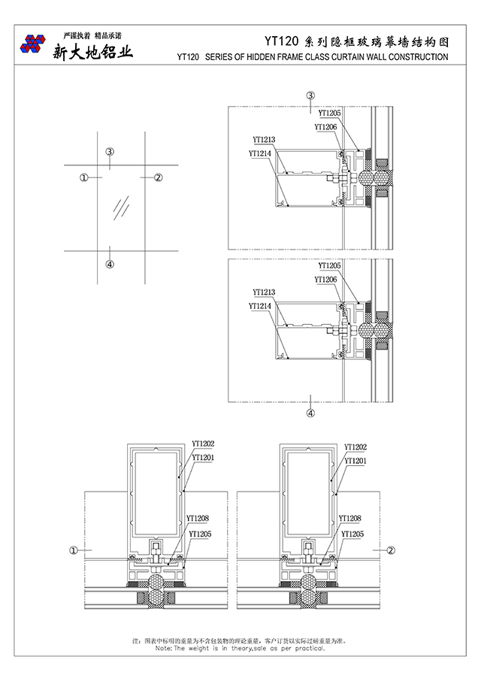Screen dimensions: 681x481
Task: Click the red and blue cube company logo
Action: point(32,44)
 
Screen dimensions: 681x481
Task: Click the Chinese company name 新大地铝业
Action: point(92,52)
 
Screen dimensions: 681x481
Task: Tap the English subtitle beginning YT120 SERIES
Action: point(312,56)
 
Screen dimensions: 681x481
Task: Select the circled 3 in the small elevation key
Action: point(110,152)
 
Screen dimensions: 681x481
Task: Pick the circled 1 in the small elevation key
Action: point(83,177)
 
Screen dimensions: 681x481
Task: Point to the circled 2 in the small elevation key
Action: point(158,177)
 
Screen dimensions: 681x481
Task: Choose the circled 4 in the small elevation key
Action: point(110,264)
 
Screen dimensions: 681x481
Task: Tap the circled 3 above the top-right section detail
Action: point(310,95)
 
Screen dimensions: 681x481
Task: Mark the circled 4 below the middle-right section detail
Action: point(310,413)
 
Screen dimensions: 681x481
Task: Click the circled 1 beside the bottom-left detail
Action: point(74,550)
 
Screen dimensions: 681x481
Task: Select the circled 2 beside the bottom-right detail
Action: point(391,550)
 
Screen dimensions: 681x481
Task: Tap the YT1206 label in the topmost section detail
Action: point(325,127)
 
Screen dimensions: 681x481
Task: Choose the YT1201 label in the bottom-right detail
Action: point(355,460)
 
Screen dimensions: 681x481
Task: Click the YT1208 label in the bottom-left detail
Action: point(198,519)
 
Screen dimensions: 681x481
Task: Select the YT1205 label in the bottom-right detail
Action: point(352,534)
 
